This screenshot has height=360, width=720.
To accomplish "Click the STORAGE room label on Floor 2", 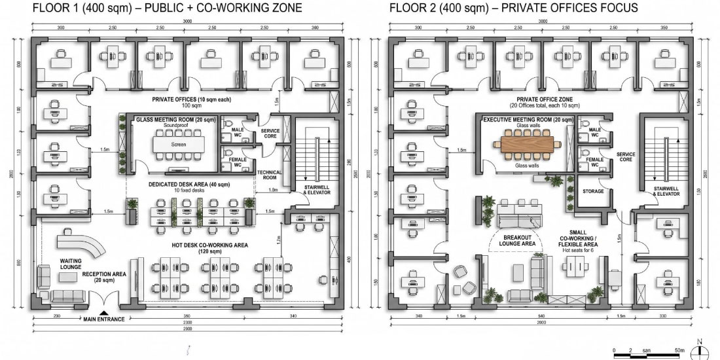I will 593,192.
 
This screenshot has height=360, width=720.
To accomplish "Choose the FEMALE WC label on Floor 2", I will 594,162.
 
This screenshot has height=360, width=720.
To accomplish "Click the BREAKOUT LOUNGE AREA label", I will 519,240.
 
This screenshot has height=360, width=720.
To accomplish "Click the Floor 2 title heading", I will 514,9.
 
